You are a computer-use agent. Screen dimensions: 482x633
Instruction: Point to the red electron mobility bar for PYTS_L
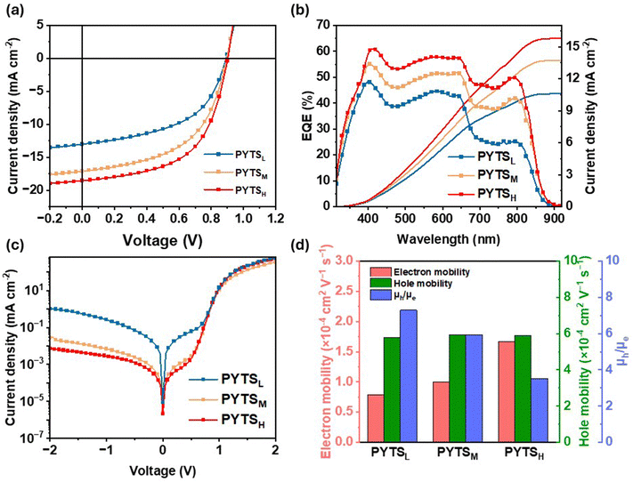pos(376,418)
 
